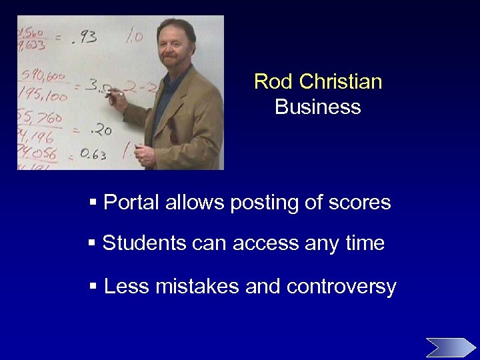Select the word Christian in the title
click(341, 82)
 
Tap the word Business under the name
click(318, 107)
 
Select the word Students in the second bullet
click(144, 243)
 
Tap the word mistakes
click(197, 287)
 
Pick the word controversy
click(341, 287)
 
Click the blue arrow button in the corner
click(451, 347)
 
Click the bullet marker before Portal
click(93, 202)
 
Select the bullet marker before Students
click(93, 243)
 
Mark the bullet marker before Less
click(93, 287)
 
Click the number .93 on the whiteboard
click(85, 37)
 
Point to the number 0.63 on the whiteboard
click(93, 155)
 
